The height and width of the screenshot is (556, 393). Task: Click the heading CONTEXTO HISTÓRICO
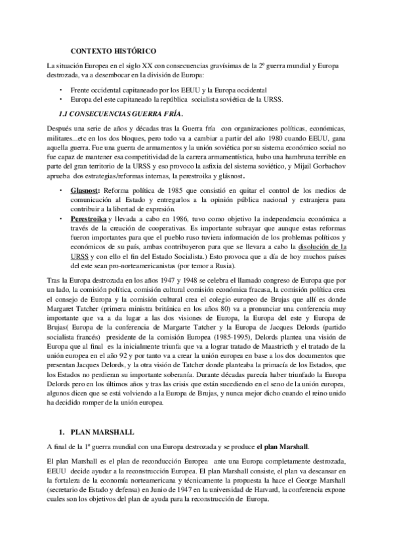[x=113, y=50]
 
